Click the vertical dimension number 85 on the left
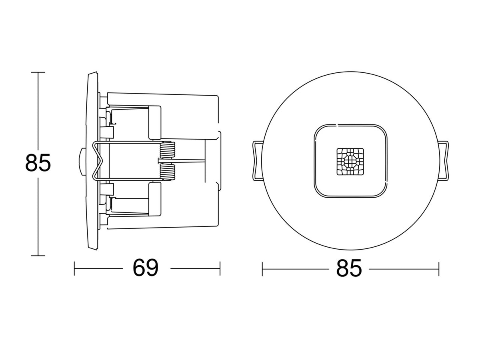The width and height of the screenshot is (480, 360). point(38,163)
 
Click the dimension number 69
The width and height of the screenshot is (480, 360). point(146,268)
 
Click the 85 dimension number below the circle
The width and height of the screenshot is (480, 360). point(349,268)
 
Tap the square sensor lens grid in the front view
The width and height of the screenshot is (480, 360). point(350,162)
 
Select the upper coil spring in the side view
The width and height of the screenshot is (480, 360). point(168,150)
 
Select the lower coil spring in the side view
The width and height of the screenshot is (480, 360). point(168,172)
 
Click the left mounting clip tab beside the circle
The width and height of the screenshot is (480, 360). point(257,161)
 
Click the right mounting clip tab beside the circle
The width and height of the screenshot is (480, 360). point(444,161)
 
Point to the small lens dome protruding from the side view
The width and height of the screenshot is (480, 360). point(82,162)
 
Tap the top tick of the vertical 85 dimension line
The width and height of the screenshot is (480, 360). point(38,72)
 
